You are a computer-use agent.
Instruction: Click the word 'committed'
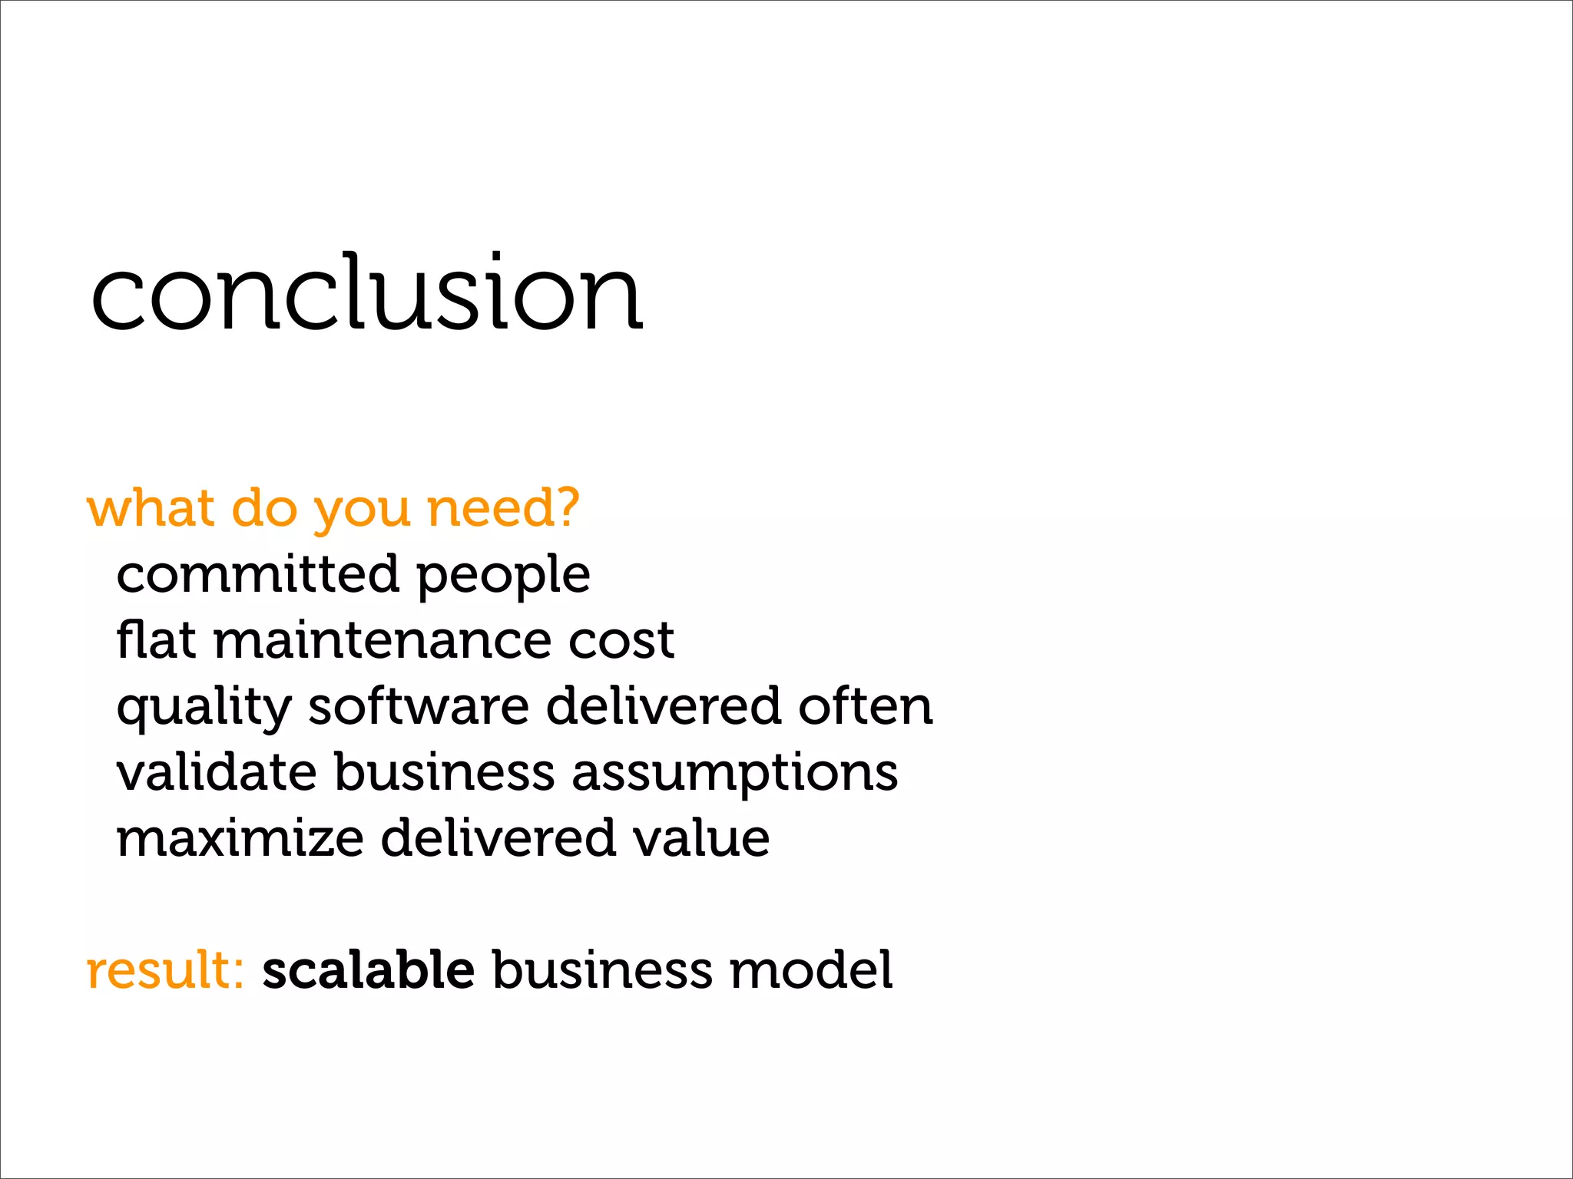click(257, 574)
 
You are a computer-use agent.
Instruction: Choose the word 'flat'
click(156, 639)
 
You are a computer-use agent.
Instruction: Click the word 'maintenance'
click(382, 641)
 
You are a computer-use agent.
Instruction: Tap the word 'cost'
click(621, 641)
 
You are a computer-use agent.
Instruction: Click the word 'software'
click(419, 706)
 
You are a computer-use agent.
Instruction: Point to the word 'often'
click(865, 706)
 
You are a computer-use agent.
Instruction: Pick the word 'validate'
click(217, 772)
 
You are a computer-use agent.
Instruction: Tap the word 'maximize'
click(240, 838)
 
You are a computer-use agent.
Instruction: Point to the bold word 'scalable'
click(369, 970)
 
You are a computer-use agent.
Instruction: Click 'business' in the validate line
click(444, 772)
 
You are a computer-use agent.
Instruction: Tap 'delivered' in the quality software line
click(663, 706)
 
